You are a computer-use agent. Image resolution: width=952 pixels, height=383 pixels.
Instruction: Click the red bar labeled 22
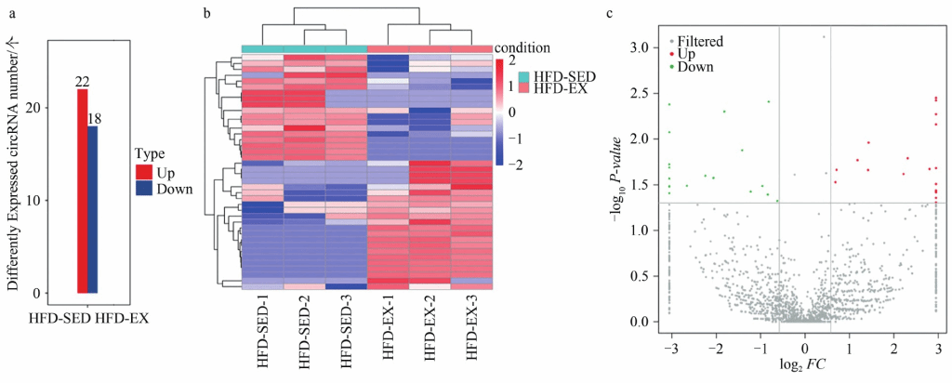coord(82,191)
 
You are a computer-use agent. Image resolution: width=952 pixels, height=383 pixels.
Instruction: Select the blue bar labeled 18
coord(93,209)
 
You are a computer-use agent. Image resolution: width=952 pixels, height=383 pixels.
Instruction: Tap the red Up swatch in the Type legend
coord(142,172)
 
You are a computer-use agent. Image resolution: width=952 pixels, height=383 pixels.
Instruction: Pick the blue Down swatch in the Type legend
coord(142,189)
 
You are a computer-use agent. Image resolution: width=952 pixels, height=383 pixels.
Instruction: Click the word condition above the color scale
coord(524,46)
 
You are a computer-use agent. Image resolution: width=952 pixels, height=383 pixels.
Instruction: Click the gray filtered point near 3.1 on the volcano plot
coord(824,37)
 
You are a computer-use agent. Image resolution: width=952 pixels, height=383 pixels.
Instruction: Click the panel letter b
coord(205,14)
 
